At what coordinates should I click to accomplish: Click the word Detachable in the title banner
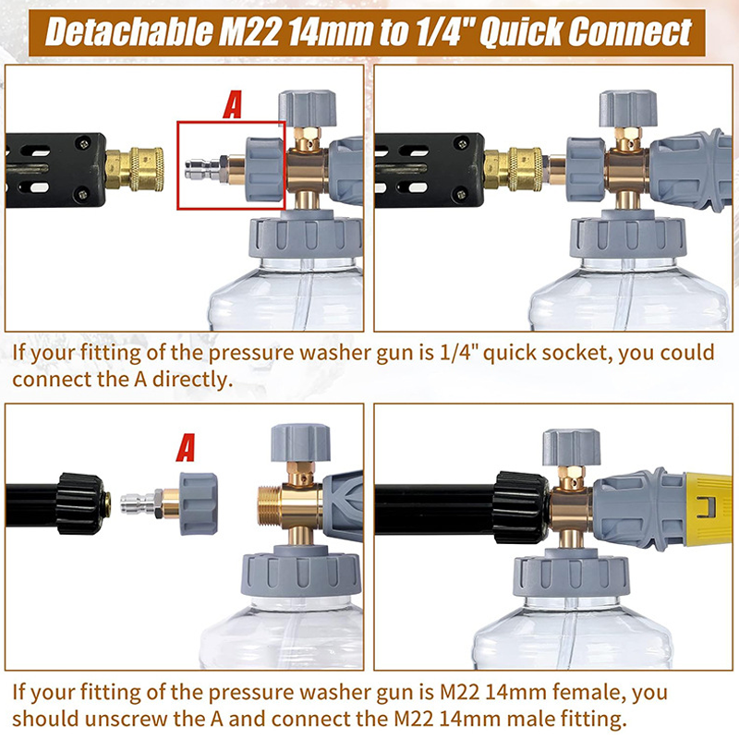click(x=129, y=32)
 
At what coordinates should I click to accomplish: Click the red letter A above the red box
click(x=233, y=105)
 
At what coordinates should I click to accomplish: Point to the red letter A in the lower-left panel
click(x=186, y=448)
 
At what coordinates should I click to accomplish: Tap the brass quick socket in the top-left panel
click(x=134, y=169)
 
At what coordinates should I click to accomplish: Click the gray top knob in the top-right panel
click(x=628, y=109)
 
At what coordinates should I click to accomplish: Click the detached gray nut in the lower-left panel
click(x=198, y=503)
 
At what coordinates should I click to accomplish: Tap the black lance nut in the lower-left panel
click(x=80, y=503)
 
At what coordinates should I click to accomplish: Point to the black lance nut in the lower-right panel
click(x=520, y=507)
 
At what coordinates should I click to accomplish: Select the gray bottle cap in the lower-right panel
click(x=571, y=574)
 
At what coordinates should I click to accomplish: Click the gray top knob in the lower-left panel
click(x=300, y=442)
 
